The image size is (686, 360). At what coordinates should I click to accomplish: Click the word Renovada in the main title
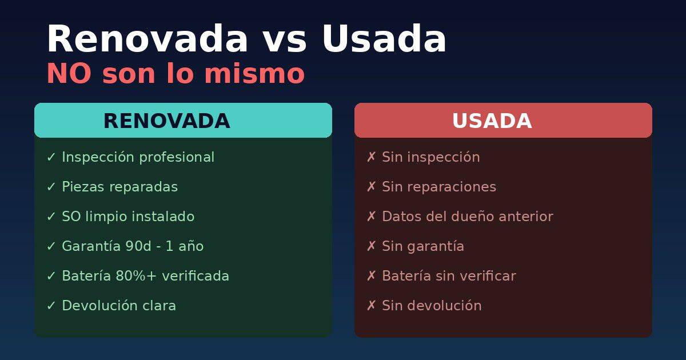[147, 39]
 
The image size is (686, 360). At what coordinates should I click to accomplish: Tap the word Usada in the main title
[384, 39]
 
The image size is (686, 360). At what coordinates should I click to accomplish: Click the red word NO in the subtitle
[69, 74]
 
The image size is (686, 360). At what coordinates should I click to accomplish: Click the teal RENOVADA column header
[183, 121]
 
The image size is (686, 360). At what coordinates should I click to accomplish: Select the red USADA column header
[503, 121]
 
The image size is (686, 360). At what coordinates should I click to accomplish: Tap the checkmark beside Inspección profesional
[51, 157]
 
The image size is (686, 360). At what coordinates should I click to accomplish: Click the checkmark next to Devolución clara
[51, 306]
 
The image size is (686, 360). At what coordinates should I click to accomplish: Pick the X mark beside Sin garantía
[371, 246]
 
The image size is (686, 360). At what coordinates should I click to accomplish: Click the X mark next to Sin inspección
[371, 157]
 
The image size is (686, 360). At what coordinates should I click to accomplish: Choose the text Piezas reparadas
[119, 187]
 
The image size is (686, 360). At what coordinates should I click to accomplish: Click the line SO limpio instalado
[128, 217]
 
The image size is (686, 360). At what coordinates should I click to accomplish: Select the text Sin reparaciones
[438, 187]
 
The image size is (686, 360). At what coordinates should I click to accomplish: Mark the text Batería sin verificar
[449, 276]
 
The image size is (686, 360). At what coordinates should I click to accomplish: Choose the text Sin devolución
[432, 306]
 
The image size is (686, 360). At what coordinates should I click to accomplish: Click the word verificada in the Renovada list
[196, 276]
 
